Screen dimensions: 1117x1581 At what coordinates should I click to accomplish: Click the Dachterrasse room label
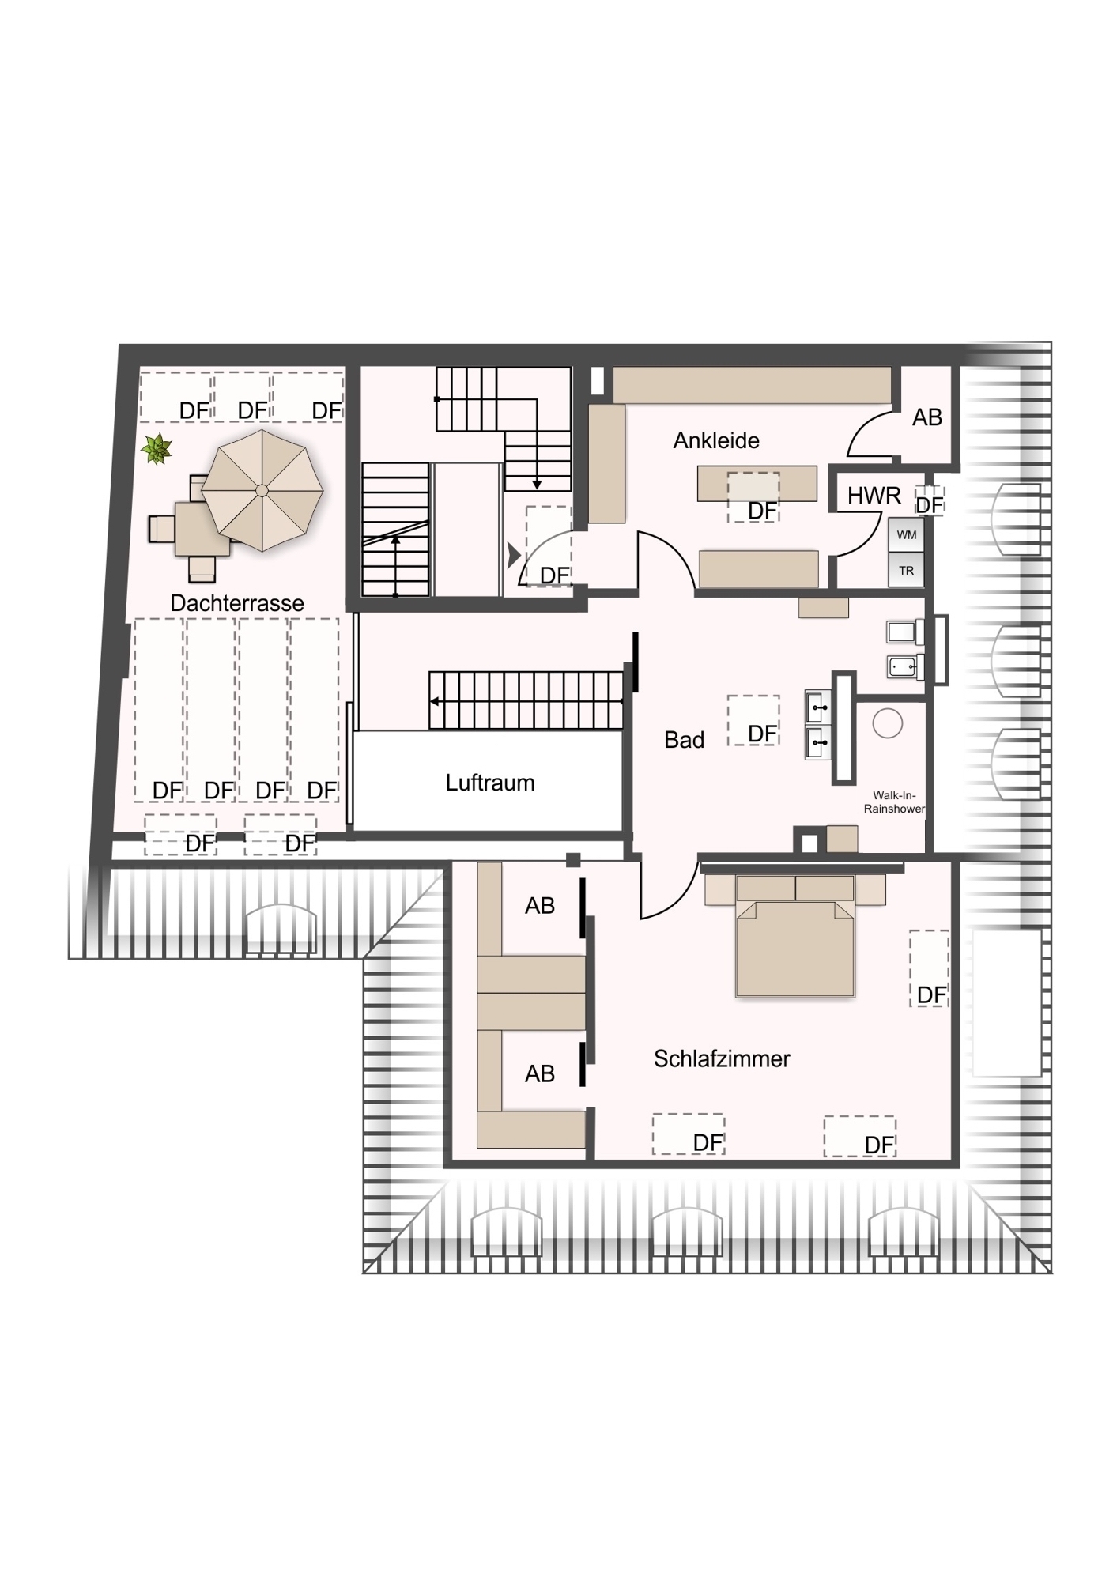click(x=237, y=603)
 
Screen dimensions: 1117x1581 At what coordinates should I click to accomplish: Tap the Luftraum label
click(x=490, y=783)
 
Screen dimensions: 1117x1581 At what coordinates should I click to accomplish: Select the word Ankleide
click(x=716, y=440)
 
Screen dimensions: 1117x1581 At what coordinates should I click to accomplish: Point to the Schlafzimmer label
click(x=722, y=1058)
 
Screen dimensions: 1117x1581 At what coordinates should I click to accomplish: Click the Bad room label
click(x=684, y=740)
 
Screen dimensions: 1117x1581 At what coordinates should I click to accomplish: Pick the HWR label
click(x=874, y=496)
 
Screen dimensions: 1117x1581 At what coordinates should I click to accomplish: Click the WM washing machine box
click(x=906, y=535)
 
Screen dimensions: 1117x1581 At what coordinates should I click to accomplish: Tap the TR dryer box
click(x=906, y=570)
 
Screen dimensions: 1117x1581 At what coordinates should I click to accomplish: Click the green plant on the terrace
click(x=157, y=450)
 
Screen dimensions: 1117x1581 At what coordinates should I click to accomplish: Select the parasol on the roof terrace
click(x=262, y=490)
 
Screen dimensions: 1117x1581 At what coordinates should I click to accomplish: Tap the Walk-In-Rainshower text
click(x=894, y=802)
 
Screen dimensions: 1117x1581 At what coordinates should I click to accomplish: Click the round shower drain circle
click(x=888, y=723)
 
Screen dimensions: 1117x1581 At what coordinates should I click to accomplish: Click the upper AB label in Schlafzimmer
click(x=540, y=906)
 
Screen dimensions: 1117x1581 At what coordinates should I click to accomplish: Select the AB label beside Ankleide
click(x=927, y=417)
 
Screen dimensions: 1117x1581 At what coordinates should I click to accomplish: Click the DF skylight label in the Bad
click(x=763, y=734)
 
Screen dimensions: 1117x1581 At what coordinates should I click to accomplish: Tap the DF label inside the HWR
click(x=930, y=504)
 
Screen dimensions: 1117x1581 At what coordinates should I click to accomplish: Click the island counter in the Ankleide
click(x=757, y=483)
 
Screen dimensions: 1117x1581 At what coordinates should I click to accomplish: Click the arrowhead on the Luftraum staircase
click(x=435, y=701)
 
